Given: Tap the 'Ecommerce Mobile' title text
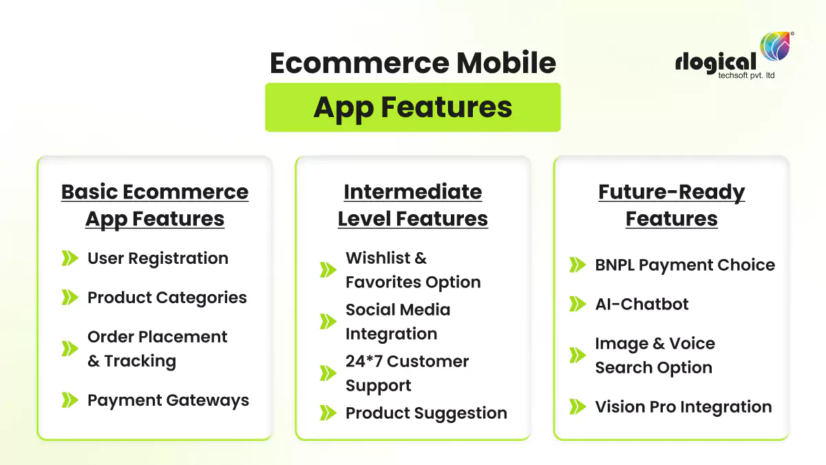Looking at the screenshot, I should pyautogui.click(x=412, y=63).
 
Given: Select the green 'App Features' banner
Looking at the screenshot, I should pyautogui.click(x=412, y=107).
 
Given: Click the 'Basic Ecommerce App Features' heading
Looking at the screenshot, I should pyautogui.click(x=155, y=205).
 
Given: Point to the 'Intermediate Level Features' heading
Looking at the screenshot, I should pyautogui.click(x=412, y=205).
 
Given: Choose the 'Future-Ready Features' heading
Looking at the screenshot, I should pyautogui.click(x=671, y=205).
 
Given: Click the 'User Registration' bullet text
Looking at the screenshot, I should pyautogui.click(x=158, y=259).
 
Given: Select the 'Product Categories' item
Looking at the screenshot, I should pyautogui.click(x=167, y=298).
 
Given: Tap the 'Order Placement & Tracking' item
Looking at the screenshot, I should pyautogui.click(x=157, y=349).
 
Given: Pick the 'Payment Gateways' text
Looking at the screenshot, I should pyautogui.click(x=168, y=401).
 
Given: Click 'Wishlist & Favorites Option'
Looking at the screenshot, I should pyautogui.click(x=413, y=270).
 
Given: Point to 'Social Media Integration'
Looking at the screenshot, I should pyautogui.click(x=397, y=322).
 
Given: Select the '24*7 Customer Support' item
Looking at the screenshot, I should pyautogui.click(x=407, y=373).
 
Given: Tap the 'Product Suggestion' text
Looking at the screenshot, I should pyautogui.click(x=426, y=413).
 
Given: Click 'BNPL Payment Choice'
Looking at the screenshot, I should pyautogui.click(x=684, y=265).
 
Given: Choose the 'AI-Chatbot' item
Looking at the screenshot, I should pyautogui.click(x=642, y=304).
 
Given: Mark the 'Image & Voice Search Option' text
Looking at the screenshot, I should pyautogui.click(x=655, y=355).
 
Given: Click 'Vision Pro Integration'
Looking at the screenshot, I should pyautogui.click(x=683, y=407).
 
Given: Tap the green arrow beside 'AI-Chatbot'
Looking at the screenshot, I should pyautogui.click(x=577, y=304).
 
